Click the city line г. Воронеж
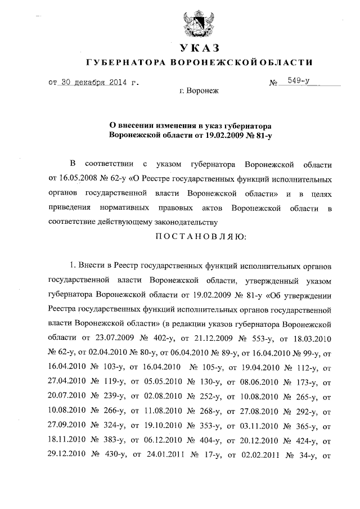199,91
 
